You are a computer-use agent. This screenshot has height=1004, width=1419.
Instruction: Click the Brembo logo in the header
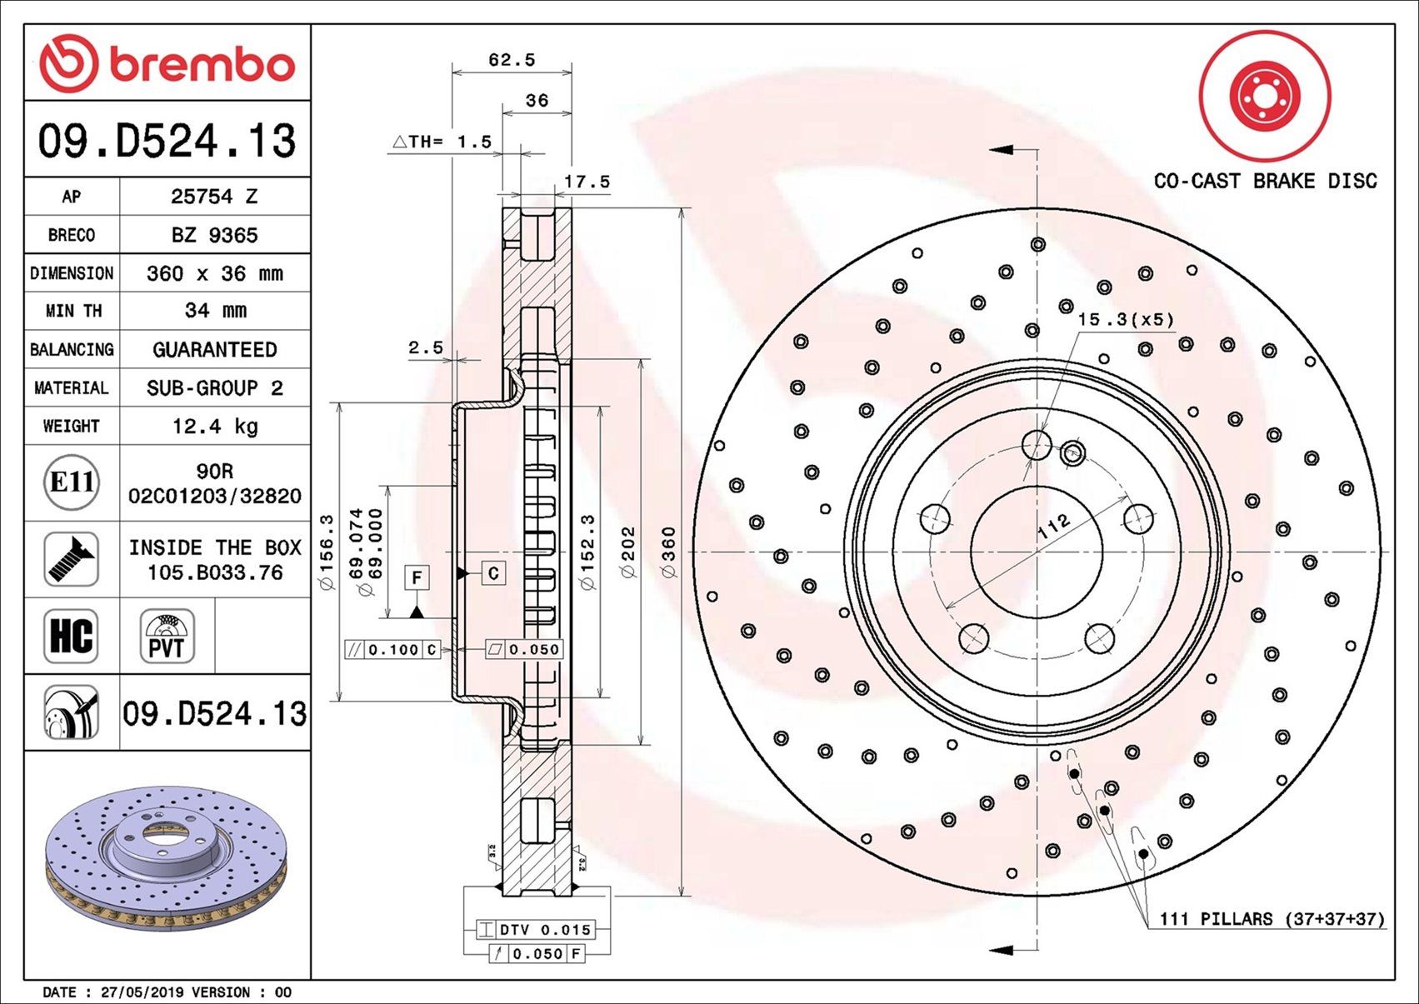pyautogui.click(x=167, y=64)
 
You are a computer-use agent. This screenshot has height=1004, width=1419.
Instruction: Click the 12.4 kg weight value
pyautogui.click(x=215, y=427)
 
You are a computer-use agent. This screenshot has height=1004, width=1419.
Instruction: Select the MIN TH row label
pyautogui.click(x=72, y=311)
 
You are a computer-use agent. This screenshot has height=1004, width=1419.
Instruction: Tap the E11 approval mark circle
pyautogui.click(x=72, y=482)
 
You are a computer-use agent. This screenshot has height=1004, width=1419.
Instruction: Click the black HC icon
pyautogui.click(x=72, y=636)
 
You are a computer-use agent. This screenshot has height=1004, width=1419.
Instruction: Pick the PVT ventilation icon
pyautogui.click(x=167, y=636)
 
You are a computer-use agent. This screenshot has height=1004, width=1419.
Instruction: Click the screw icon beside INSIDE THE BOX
pyautogui.click(x=72, y=559)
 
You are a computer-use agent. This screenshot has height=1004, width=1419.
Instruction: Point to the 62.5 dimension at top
pyautogui.click(x=511, y=60)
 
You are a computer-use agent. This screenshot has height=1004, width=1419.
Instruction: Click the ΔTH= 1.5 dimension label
pyautogui.click(x=442, y=142)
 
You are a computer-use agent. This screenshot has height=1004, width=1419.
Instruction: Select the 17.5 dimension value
pyautogui.click(x=587, y=182)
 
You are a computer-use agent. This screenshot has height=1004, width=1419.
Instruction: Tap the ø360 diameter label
pyautogui.click(x=669, y=552)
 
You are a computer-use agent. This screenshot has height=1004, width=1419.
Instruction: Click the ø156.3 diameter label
pyautogui.click(x=327, y=552)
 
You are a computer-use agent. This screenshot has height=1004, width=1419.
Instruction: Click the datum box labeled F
pyautogui.click(x=417, y=577)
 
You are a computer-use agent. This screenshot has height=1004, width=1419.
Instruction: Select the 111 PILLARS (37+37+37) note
pyautogui.click(x=1272, y=919)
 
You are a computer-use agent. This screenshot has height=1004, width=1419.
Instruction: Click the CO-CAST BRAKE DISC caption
pyautogui.click(x=1265, y=181)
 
